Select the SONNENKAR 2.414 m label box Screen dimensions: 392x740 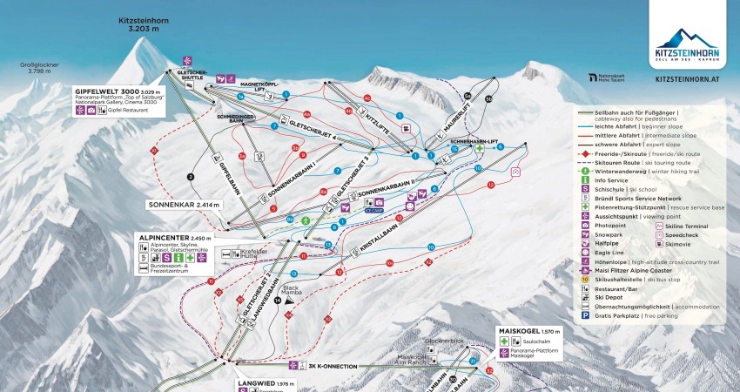[185, 205]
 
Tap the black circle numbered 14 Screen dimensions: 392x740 [278, 301]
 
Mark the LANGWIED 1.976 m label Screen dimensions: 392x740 [266, 382]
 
